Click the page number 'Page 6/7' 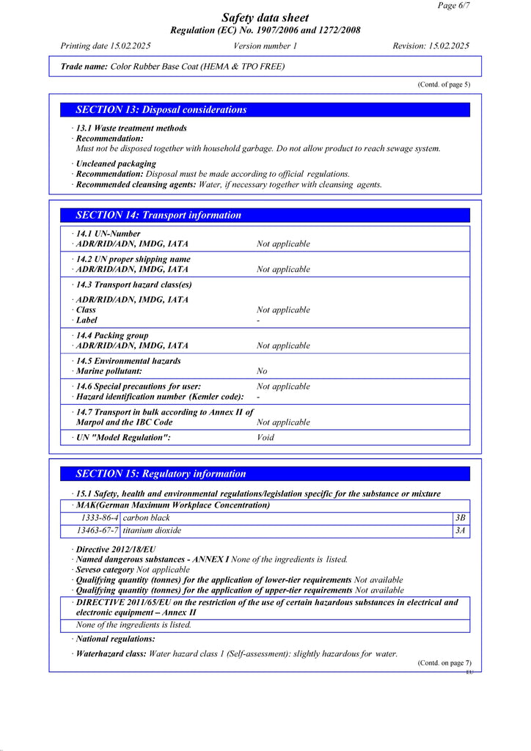454,5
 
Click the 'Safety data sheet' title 265,18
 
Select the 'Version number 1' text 265,45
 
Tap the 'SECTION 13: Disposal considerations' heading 161,110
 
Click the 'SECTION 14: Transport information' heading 158,216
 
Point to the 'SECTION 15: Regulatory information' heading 161,474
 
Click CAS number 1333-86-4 100,518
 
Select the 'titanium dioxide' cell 152,530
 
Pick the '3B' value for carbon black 461,518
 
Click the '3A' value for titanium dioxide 461,530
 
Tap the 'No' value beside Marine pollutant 262,371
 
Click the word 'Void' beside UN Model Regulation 265,437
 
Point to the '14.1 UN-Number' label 108,234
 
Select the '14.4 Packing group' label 111,336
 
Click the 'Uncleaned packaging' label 116,164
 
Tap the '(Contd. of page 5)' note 444,84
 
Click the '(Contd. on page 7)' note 444,662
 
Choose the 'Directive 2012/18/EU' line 116,549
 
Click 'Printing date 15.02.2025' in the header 106,45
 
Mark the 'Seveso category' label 105,570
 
